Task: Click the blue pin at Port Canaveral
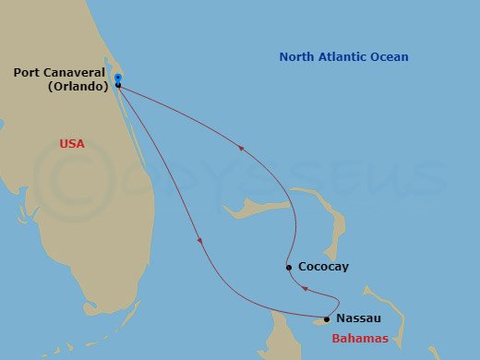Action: (x=118, y=78)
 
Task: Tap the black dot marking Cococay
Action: (x=289, y=268)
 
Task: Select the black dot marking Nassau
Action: (x=327, y=319)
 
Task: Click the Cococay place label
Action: (x=323, y=268)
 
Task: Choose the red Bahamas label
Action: (x=360, y=339)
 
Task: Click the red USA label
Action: (x=71, y=144)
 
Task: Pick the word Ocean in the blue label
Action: (x=390, y=57)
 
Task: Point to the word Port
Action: (x=27, y=72)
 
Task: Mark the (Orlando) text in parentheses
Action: (x=77, y=86)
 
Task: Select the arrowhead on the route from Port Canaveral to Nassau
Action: (x=200, y=241)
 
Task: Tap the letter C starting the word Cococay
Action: (x=302, y=268)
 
